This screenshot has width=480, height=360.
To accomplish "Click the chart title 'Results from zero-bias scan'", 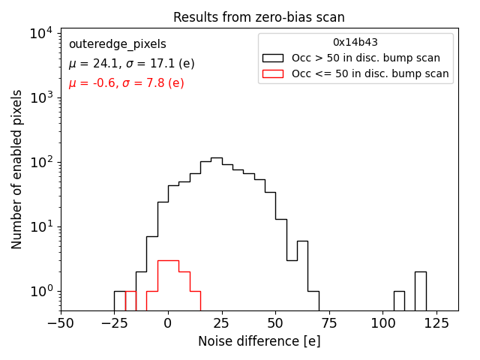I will (x=259, y=17).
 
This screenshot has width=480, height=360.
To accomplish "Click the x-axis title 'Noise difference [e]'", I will (x=259, y=341).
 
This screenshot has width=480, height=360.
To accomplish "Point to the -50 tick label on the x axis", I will (x=61, y=325).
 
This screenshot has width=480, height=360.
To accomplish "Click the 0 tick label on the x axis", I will (x=168, y=325).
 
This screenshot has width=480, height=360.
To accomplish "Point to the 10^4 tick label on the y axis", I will (x=40, y=33).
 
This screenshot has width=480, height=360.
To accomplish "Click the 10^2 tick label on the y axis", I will (x=40, y=162).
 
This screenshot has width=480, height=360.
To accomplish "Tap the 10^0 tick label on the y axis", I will (x=40, y=291).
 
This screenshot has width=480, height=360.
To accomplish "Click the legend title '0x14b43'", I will (x=355, y=42).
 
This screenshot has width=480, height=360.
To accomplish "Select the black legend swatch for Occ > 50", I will (x=273, y=58).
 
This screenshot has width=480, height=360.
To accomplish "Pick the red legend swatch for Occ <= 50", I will (x=273, y=73).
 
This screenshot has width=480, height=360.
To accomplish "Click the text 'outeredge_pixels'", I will (x=117, y=44).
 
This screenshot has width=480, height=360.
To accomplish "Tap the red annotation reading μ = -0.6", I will (x=126, y=83).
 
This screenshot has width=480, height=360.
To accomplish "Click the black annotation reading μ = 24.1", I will (x=131, y=64).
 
